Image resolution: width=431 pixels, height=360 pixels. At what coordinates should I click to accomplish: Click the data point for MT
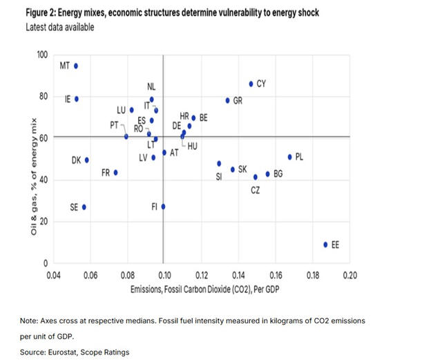click(76, 66)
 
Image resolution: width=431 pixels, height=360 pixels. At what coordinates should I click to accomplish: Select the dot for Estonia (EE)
click(325, 245)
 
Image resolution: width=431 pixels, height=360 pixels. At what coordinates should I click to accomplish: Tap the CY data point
click(251, 84)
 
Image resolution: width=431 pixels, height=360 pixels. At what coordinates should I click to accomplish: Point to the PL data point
click(289, 157)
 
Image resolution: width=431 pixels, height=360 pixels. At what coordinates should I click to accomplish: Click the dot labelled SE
click(84, 207)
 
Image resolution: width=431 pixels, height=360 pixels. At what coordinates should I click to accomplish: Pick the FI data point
click(163, 207)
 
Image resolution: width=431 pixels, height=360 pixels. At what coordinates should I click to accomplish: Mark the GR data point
click(227, 101)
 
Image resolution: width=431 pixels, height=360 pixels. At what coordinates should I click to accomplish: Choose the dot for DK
click(87, 160)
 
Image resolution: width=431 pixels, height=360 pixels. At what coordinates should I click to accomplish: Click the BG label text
click(278, 174)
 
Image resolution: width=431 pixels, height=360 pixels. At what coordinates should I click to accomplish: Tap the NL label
click(152, 87)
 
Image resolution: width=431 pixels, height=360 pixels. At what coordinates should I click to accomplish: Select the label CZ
click(256, 190)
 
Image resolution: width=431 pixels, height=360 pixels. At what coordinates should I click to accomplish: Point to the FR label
click(106, 173)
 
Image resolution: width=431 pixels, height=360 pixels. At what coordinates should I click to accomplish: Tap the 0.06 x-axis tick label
click(90, 274)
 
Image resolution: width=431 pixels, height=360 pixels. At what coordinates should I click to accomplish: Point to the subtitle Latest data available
click(60, 27)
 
